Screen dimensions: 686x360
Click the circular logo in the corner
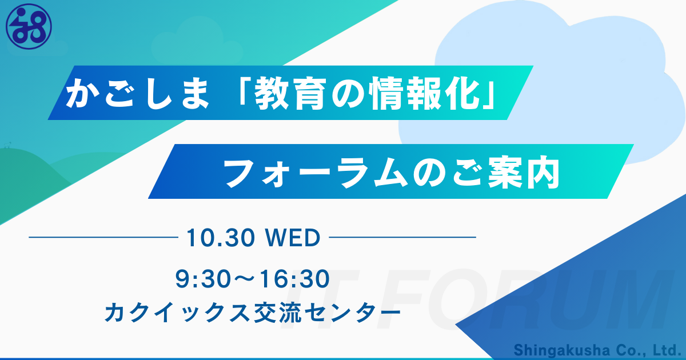click(x=29, y=26)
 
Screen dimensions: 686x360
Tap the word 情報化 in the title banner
click(x=425, y=93)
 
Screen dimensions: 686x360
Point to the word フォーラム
click(x=316, y=173)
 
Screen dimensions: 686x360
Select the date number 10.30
click(x=221, y=238)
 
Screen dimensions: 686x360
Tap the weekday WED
click(x=293, y=238)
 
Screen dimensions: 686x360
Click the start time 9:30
click(x=203, y=279)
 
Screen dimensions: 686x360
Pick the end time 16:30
click(x=295, y=279)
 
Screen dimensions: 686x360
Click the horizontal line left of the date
click(x=103, y=237)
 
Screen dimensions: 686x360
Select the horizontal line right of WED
click(x=402, y=237)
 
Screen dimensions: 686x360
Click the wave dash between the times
click(x=245, y=279)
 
